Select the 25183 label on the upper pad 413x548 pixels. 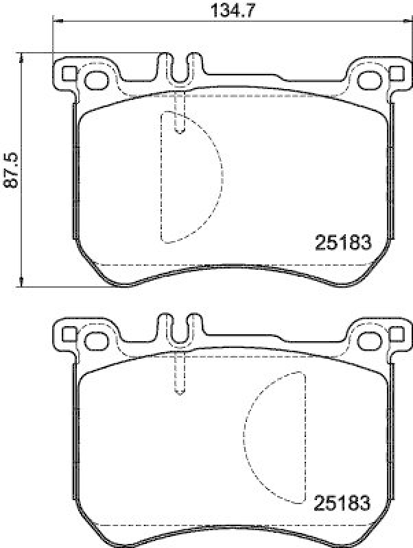coord(342,242)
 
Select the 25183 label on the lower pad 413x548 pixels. coord(342,503)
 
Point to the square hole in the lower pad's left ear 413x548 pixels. coord(69,334)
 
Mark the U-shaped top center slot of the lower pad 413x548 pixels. coord(180,331)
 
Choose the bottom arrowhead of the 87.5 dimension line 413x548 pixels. coord(23,282)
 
